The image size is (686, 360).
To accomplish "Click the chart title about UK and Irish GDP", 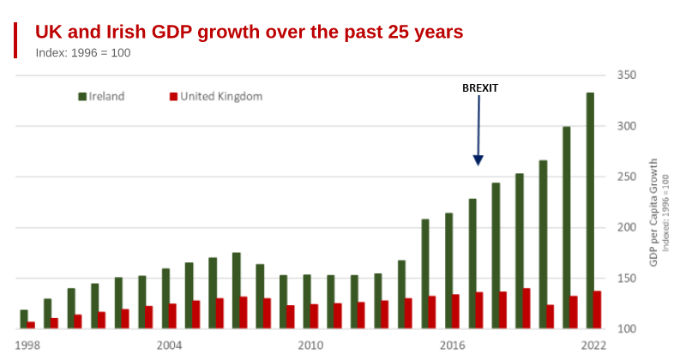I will (x=249, y=33).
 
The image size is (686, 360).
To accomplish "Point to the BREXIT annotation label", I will (x=480, y=88).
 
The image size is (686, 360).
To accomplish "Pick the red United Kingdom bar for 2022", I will (x=597, y=309).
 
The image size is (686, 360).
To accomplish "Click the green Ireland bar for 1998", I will (x=24, y=319).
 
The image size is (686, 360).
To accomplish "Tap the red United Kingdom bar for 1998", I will (x=31, y=325).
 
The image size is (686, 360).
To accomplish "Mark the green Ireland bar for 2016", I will (x=448, y=271).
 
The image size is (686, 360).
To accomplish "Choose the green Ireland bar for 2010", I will (x=307, y=302).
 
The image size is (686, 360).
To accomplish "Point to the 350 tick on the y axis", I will (x=627, y=75).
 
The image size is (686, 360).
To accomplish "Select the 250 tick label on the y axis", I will (x=627, y=177).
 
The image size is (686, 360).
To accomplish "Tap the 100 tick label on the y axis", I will (x=627, y=329).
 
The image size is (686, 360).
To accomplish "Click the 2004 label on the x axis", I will (x=169, y=345).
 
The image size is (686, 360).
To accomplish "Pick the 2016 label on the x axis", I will (x=452, y=345).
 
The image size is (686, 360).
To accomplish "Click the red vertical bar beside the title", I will (x=15, y=40).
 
